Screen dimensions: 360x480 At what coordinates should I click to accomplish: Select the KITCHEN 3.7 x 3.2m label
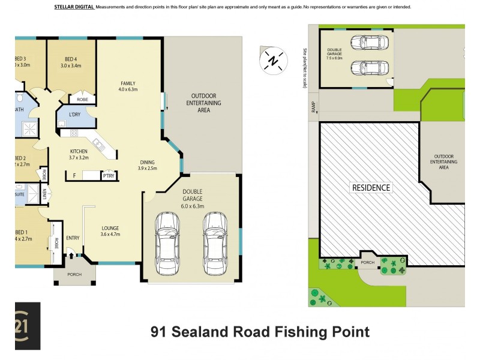pyautogui.click(x=79, y=154)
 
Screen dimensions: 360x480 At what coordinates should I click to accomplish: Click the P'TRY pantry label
pyautogui.click(x=109, y=176)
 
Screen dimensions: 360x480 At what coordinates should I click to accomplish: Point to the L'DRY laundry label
pyautogui.click(x=75, y=114)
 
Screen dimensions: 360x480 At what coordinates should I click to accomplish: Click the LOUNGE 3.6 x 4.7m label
pyautogui.click(x=110, y=231)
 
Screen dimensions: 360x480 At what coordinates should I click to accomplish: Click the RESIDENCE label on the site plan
pyautogui.click(x=371, y=187)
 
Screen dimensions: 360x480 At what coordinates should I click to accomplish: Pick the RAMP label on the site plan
pyautogui.click(x=312, y=106)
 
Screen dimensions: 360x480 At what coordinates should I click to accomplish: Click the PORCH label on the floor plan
pyautogui.click(x=74, y=275)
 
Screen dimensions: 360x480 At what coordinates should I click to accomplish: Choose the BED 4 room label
pyautogui.click(x=71, y=62)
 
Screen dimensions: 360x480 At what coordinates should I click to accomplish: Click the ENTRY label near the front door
pyautogui.click(x=73, y=238)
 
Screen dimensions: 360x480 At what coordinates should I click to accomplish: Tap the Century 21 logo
pyautogui.click(x=26, y=326)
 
